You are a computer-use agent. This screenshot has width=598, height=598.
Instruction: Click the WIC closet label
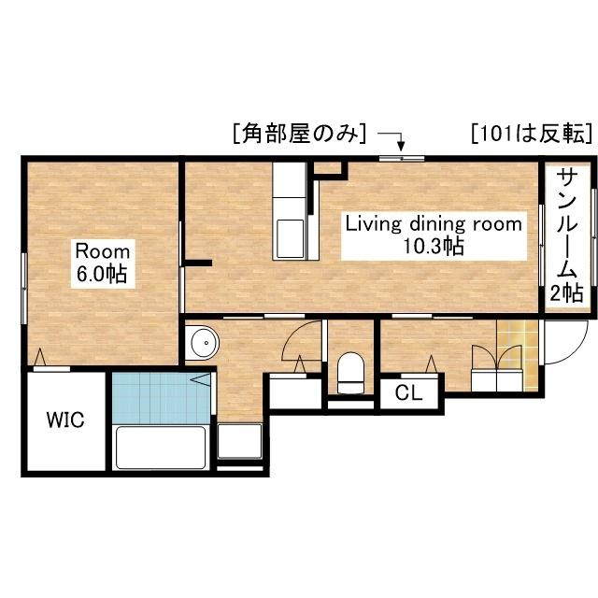pyautogui.click(x=66, y=420)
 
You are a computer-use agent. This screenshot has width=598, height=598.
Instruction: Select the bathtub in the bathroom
pyautogui.click(x=161, y=449)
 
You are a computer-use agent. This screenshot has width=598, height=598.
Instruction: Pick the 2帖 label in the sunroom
pyautogui.click(x=566, y=293)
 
